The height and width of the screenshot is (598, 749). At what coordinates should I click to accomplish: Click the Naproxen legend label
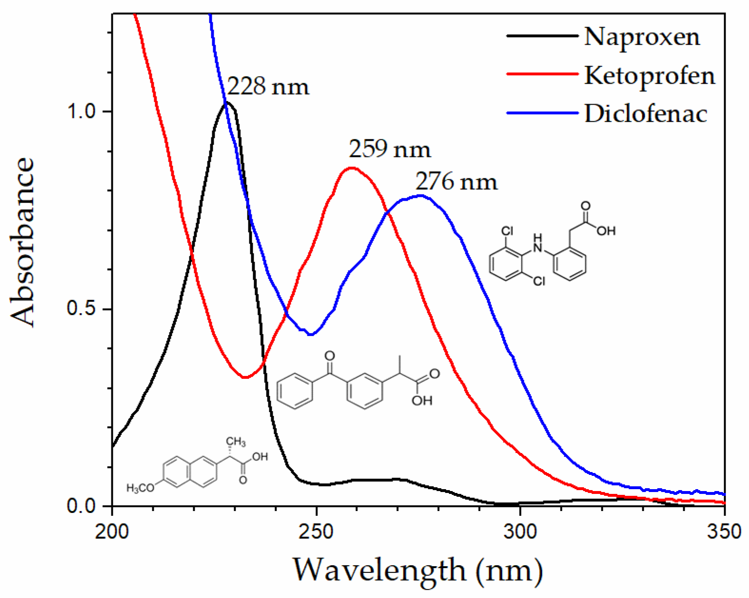[x=642, y=37]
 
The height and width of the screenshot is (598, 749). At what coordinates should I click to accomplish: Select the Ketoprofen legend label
[x=650, y=75]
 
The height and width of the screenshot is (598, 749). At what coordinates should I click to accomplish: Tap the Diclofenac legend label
[x=646, y=114]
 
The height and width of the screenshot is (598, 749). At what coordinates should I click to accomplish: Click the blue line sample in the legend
[x=542, y=113]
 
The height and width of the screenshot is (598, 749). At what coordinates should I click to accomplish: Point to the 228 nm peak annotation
[x=267, y=87]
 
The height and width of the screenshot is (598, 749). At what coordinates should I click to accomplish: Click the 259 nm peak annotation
[x=389, y=149]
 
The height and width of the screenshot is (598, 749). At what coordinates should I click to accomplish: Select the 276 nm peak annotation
[x=456, y=182]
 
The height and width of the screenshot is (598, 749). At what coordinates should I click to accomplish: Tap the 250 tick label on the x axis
[x=316, y=531]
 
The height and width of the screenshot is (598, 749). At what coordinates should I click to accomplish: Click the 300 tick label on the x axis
[x=520, y=531]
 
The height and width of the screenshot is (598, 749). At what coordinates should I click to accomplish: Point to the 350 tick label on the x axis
[x=724, y=531]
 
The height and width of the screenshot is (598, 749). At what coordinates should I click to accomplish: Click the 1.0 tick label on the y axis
[x=81, y=112]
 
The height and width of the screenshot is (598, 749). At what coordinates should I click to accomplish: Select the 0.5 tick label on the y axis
[x=81, y=309]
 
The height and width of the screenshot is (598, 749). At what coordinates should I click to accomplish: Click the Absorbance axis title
[x=23, y=242]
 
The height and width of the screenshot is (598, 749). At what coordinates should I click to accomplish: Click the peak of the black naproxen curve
[x=227, y=102]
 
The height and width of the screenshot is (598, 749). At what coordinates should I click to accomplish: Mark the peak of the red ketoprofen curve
[x=351, y=168]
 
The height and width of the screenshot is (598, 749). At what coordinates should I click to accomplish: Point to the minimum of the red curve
[x=245, y=377]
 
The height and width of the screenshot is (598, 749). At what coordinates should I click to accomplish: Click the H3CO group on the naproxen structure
[x=140, y=488]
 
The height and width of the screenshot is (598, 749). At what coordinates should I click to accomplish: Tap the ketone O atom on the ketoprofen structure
[x=329, y=356]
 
